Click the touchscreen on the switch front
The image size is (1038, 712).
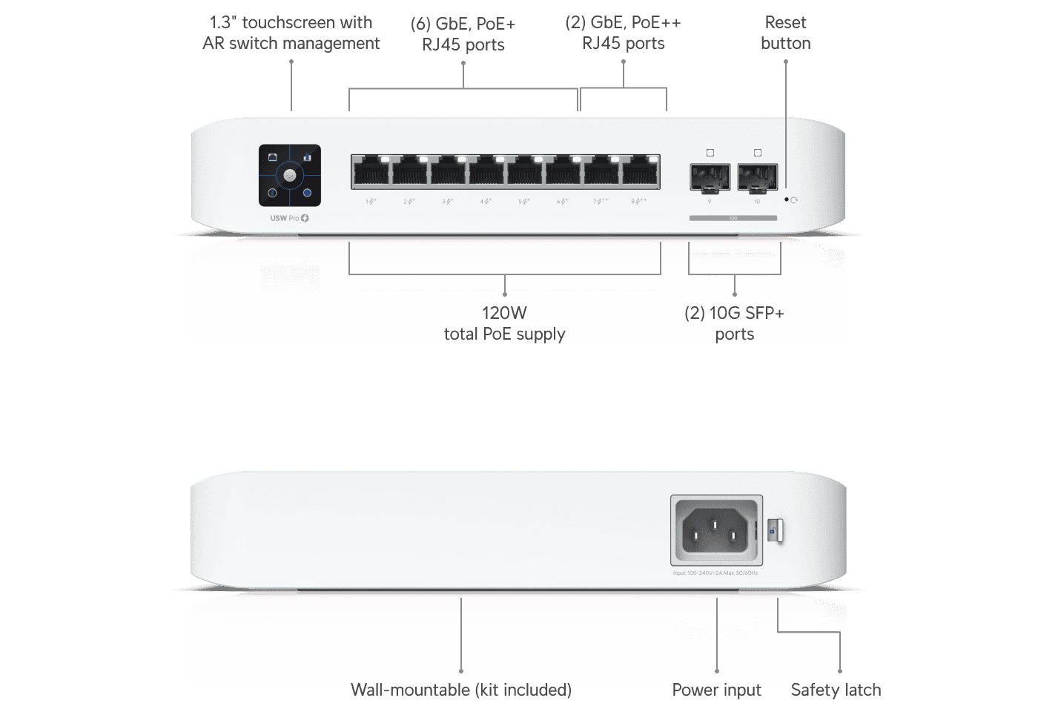tap(290, 175)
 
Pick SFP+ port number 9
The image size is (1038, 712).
tap(710, 177)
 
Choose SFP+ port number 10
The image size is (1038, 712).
tap(757, 177)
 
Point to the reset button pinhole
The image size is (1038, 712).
tap(787, 200)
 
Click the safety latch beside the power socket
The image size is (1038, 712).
tap(775, 531)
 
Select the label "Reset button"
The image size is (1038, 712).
tap(785, 33)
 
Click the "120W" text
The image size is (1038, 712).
tap(504, 313)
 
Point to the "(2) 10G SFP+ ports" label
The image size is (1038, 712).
tap(734, 323)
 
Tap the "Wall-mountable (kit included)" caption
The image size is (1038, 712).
tap(460, 690)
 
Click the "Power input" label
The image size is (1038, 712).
tap(716, 690)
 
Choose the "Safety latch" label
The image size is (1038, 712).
tap(836, 690)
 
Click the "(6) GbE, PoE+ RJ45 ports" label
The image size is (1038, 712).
tap(463, 34)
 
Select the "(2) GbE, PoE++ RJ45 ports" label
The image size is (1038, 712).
tap(623, 33)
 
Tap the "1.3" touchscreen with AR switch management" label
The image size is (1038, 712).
tap(291, 33)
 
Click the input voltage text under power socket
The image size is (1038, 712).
tap(715, 573)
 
